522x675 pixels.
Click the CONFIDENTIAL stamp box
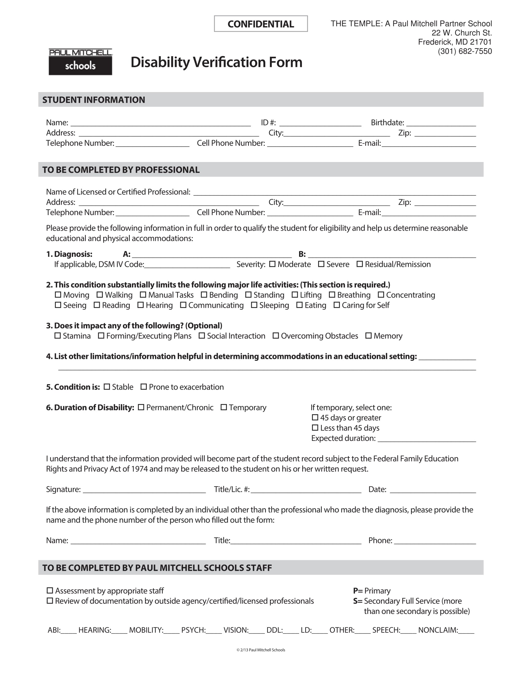(x=261, y=24)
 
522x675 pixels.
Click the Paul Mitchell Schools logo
(x=80, y=62)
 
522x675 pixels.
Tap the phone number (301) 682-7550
(x=465, y=51)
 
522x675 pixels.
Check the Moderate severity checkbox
(x=272, y=264)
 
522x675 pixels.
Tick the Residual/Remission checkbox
(x=359, y=264)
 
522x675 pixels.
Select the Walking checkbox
(x=99, y=295)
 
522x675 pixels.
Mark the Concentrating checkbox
(x=381, y=295)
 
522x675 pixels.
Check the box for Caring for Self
(x=337, y=305)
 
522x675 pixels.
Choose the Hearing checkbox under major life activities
(x=140, y=305)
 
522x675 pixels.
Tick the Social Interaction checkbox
(x=202, y=336)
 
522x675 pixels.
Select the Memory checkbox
(x=368, y=336)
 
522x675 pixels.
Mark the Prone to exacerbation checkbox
(x=143, y=387)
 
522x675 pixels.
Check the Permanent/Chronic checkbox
(x=141, y=407)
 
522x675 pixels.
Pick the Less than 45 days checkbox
(x=315, y=428)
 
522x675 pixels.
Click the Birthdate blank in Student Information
(x=441, y=123)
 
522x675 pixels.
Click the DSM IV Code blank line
(x=187, y=265)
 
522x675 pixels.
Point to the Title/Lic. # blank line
(x=306, y=490)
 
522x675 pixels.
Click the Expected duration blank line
(x=427, y=439)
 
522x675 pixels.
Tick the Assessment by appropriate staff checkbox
(x=50, y=591)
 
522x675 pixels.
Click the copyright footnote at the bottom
(x=261, y=650)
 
